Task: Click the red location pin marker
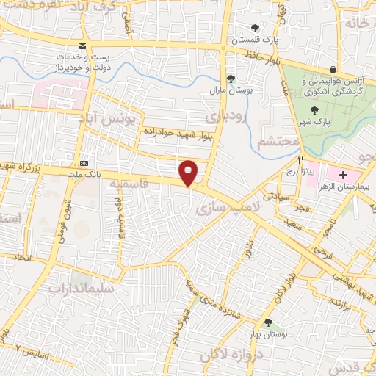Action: click(x=189, y=172)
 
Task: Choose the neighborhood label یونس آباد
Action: click(x=108, y=117)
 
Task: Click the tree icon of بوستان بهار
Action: click(x=267, y=322)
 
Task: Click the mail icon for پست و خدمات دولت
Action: click(x=82, y=46)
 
